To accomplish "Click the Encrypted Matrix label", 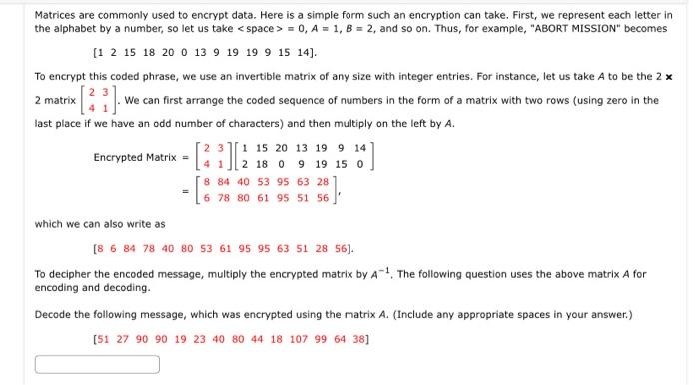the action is point(134,158).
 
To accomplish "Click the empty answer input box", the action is point(97,364).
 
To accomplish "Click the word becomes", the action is point(646,30).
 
